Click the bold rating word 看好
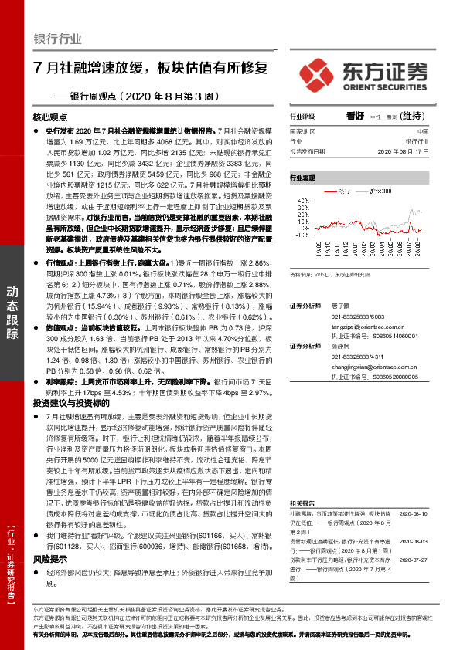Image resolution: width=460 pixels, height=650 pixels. [355, 116]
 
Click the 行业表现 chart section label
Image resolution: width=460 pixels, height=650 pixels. [302, 178]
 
